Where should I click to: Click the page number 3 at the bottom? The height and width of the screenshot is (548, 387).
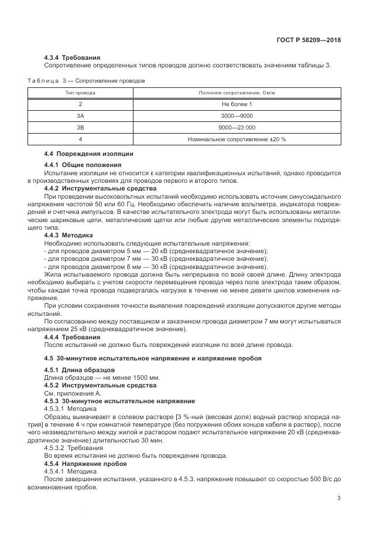[x=339, y=498]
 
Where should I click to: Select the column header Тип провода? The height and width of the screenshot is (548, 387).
[x=80, y=93]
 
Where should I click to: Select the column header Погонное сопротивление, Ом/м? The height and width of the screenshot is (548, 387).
[x=237, y=93]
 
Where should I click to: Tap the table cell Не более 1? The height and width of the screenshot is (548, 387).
[x=237, y=104]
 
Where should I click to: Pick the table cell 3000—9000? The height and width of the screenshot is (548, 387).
[x=237, y=116]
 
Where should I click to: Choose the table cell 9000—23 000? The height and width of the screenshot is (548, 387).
[x=237, y=128]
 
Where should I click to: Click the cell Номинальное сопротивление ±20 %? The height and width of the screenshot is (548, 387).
[x=237, y=139]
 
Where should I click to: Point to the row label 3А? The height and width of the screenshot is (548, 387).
[x=80, y=116]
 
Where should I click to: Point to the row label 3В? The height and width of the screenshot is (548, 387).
[x=80, y=128]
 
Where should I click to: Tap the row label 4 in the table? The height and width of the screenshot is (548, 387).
[x=80, y=139]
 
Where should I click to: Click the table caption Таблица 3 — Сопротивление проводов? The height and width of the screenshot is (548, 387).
[x=87, y=80]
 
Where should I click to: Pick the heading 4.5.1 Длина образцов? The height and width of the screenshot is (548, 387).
[x=79, y=369]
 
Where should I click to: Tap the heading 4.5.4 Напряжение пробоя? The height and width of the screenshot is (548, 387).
[x=87, y=464]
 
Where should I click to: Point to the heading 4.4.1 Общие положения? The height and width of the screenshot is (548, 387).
[x=83, y=165]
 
